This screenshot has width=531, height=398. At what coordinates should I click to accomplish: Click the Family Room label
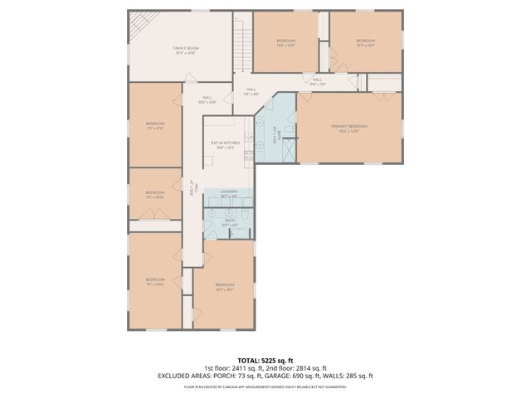183,51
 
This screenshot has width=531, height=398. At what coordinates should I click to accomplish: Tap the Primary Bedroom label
348,127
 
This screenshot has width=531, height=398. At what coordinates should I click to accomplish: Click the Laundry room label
229,193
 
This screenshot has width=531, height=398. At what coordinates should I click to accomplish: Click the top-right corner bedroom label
366,42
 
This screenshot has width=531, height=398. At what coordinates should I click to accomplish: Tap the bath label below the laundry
229,221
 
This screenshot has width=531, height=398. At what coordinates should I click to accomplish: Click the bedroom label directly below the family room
155,126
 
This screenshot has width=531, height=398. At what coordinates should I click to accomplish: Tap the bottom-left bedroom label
155,281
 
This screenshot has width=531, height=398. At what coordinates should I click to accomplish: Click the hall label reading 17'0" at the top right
317,82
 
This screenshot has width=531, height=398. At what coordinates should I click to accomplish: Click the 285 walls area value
353,376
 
